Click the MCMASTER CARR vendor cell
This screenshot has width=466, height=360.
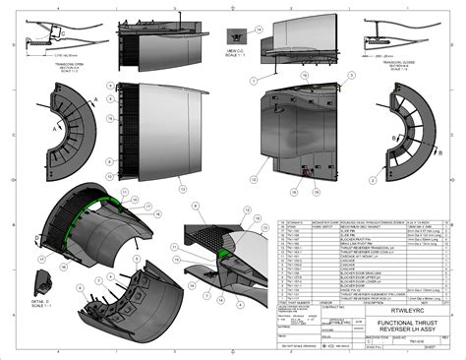tap(297, 221)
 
